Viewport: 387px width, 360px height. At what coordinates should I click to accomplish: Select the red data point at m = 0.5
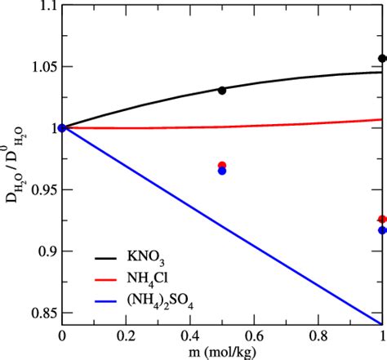222,166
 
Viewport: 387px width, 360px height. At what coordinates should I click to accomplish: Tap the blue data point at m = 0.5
222,171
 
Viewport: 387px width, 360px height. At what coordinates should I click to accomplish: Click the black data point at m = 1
382,59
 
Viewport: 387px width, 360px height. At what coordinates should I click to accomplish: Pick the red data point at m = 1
382,220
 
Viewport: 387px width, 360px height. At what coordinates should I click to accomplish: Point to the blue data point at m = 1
382,230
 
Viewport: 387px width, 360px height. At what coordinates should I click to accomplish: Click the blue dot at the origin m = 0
63,127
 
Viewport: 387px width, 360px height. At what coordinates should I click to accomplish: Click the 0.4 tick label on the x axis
190,334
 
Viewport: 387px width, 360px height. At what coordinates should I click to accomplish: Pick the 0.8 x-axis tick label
318,334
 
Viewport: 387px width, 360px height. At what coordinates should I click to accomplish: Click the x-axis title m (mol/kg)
222,351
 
